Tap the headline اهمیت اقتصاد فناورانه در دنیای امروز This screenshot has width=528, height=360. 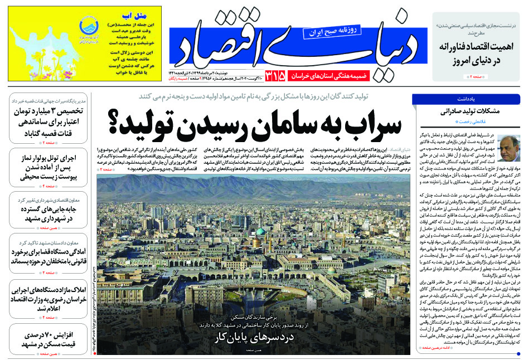pyautogui.click(x=477, y=53)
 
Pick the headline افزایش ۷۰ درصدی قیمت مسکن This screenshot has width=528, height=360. pyautogui.click(x=47, y=339)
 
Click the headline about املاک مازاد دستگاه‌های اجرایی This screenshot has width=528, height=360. pyautogui.click(x=47, y=298)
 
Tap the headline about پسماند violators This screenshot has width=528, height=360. pyautogui.click(x=47, y=257)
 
